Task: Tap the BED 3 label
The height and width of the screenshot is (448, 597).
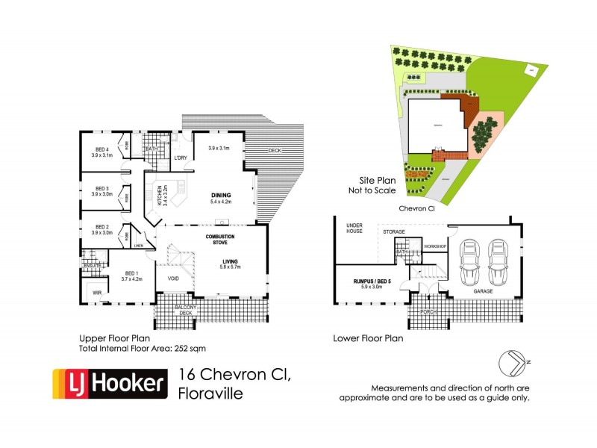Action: click(101, 189)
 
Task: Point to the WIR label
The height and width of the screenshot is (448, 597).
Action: click(97, 293)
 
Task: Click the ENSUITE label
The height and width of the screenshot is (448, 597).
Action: click(93, 265)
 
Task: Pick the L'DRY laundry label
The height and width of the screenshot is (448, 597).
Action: click(180, 158)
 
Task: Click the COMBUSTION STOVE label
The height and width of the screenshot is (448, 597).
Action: click(220, 240)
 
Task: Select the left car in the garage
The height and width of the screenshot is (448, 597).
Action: click(469, 262)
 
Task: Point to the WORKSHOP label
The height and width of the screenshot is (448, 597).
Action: click(435, 246)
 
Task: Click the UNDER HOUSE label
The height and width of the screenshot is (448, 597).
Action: click(354, 228)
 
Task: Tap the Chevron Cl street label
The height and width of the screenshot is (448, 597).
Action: click(417, 209)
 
